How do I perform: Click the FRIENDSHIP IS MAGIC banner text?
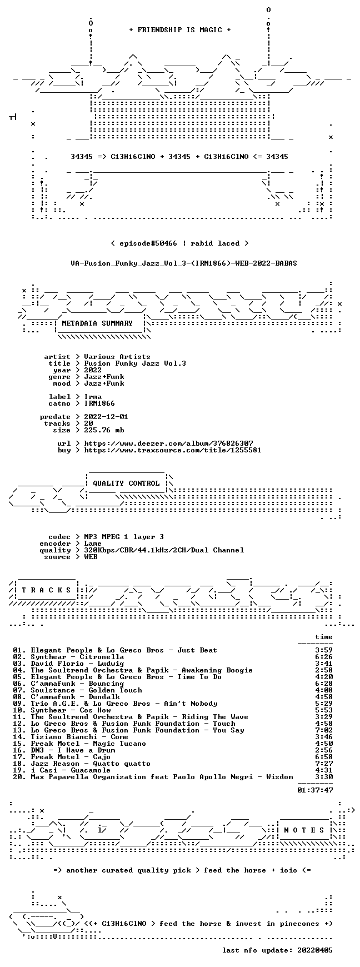coord(180,30)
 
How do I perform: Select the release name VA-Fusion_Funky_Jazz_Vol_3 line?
coord(184,263)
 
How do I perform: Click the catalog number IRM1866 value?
coord(99,403)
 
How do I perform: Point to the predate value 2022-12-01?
coord(106,417)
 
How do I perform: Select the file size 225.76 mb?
coord(104,430)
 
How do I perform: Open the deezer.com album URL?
coord(168,443)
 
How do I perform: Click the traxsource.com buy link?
coord(173,450)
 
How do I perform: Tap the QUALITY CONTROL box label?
coord(126,483)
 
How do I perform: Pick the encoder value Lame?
coord(93,544)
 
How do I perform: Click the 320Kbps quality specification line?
coord(164,550)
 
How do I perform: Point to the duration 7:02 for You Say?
coord(324,730)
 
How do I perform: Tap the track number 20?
coord(19,777)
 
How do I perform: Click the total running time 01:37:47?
coord(315,790)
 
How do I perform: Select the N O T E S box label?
coord(304,830)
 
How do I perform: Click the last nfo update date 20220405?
coord(315,950)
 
